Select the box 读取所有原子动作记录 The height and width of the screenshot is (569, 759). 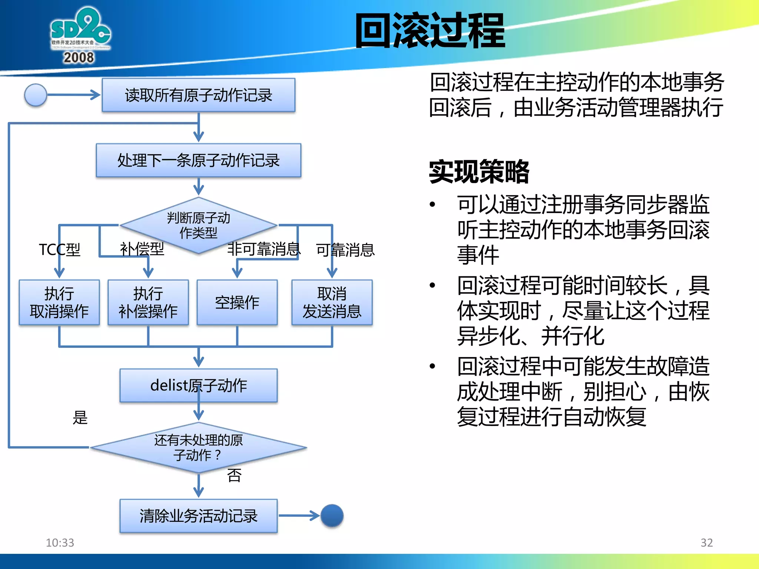[198, 95]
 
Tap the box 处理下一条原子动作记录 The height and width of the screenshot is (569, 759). [198, 160]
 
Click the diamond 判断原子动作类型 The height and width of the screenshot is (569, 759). [198, 225]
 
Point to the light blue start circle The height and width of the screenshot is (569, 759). [36, 95]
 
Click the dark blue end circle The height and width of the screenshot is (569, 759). [332, 515]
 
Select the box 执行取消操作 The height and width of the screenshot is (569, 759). [59, 302]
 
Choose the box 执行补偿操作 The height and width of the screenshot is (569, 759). [148, 302]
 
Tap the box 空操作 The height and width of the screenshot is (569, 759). [237, 302]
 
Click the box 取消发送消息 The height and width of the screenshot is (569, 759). [332, 302]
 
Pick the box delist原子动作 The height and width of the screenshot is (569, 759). [198, 385]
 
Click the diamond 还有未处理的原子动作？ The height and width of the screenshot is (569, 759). [198, 447]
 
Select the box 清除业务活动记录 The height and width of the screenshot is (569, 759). [198, 516]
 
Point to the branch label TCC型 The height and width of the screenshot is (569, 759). [59, 250]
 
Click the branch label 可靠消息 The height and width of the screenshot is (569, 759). [345, 250]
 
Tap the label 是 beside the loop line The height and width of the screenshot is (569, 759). [80, 417]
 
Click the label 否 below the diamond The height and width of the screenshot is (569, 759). [234, 475]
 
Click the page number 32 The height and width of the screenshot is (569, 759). [706, 543]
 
